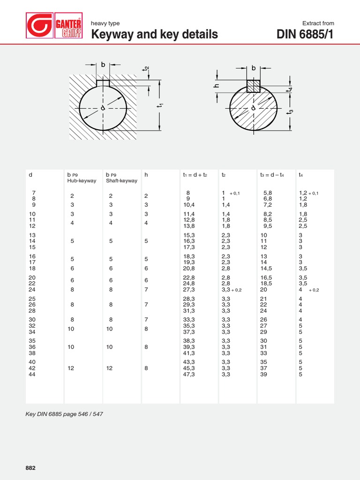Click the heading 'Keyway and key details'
coord(154,34)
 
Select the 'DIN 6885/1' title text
coord(306,34)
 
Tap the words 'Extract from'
coord(318,23)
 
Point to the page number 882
coord(30,468)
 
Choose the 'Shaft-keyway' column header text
coord(121,181)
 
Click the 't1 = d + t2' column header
coord(195,175)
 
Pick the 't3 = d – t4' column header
coord(272,175)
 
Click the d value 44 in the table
coord(32,375)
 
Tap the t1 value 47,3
coord(189,375)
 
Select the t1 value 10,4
coord(189,205)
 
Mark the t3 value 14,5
coord(265,269)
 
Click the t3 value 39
coord(263,375)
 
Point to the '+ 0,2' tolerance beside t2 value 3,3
coord(236,290)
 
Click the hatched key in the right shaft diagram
coord(254,85)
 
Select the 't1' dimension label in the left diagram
coord(160,106)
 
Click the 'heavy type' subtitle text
coord(105,23)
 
